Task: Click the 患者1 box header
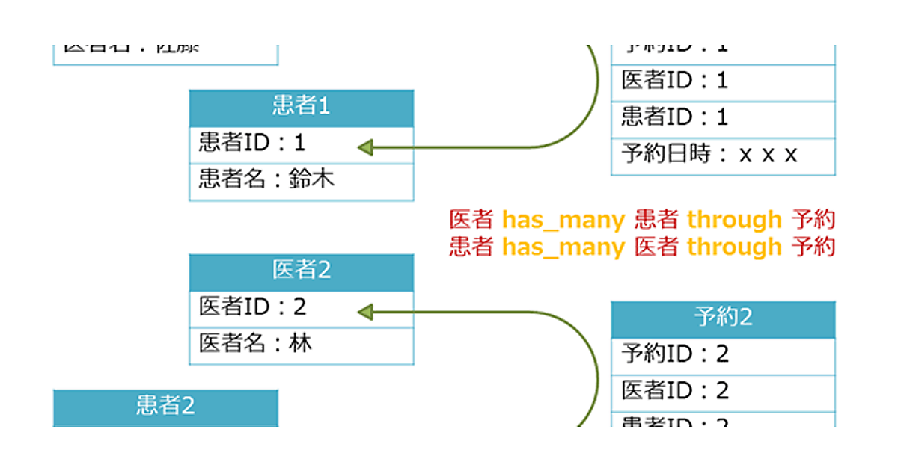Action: pyautogui.click(x=301, y=107)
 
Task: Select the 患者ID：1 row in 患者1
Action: pyautogui.click(x=301, y=144)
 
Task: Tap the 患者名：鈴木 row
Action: pyautogui.click(x=301, y=181)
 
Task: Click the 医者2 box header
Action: pyautogui.click(x=301, y=271)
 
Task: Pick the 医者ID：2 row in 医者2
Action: pyautogui.click(x=301, y=308)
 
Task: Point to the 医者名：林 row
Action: pyautogui.click(x=301, y=345)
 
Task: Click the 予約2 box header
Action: pyautogui.click(x=723, y=318)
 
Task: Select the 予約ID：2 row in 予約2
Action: pyautogui.click(x=723, y=355)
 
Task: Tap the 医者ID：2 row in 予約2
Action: pyautogui.click(x=723, y=392)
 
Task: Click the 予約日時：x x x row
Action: pyautogui.click(x=723, y=156)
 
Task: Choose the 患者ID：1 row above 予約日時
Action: pyautogui.click(x=723, y=118)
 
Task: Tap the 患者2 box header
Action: pyautogui.click(x=165, y=406)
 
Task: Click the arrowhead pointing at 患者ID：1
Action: pyautogui.click(x=367, y=147)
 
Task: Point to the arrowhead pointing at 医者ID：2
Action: pyautogui.click(x=367, y=311)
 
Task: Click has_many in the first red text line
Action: pyautogui.click(x=563, y=220)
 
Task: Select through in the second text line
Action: pyautogui.click(x=734, y=247)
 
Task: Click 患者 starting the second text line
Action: pyautogui.click(x=471, y=247)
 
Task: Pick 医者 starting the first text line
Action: pyautogui.click(x=471, y=220)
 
